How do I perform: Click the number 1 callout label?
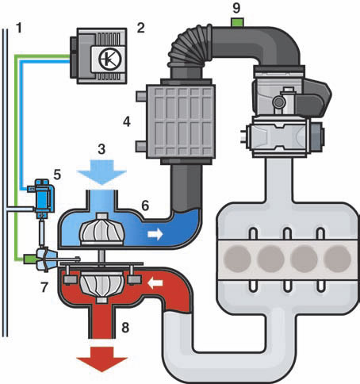coord(19,28)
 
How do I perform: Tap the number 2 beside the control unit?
coord(140,28)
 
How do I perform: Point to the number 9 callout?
coord(236,8)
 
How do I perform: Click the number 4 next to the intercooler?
coord(127,122)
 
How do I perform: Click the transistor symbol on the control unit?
coord(110,59)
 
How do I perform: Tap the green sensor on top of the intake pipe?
coord(237,22)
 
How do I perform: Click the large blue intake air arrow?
coord(101,172)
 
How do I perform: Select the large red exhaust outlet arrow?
coord(101,359)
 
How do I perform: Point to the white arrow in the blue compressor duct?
coord(155,234)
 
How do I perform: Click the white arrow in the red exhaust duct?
coord(155,283)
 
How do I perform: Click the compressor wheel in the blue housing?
coord(101,229)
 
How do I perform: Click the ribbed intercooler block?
coord(181,121)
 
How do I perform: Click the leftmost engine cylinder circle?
coord(237,259)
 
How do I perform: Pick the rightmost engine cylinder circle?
coord(337,259)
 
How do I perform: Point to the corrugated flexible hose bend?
coord(189,45)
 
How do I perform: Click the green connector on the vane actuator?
coord(29,259)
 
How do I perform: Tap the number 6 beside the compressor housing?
coord(145,205)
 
